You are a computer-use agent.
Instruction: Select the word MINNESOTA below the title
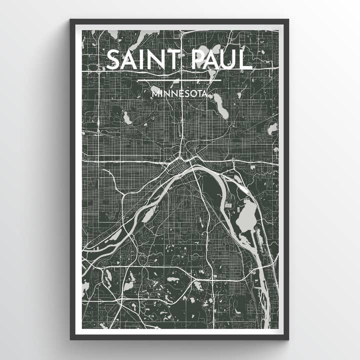(x=179, y=93)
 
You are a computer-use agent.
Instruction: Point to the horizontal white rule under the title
(x=179, y=80)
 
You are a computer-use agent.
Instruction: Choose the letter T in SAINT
(x=172, y=60)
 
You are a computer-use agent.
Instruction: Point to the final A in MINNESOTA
(x=205, y=93)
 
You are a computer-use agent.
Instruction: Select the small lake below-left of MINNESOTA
(x=126, y=118)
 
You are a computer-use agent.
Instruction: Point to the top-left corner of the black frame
(x=71, y=20)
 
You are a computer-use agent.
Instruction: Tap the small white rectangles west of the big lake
(x=228, y=205)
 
